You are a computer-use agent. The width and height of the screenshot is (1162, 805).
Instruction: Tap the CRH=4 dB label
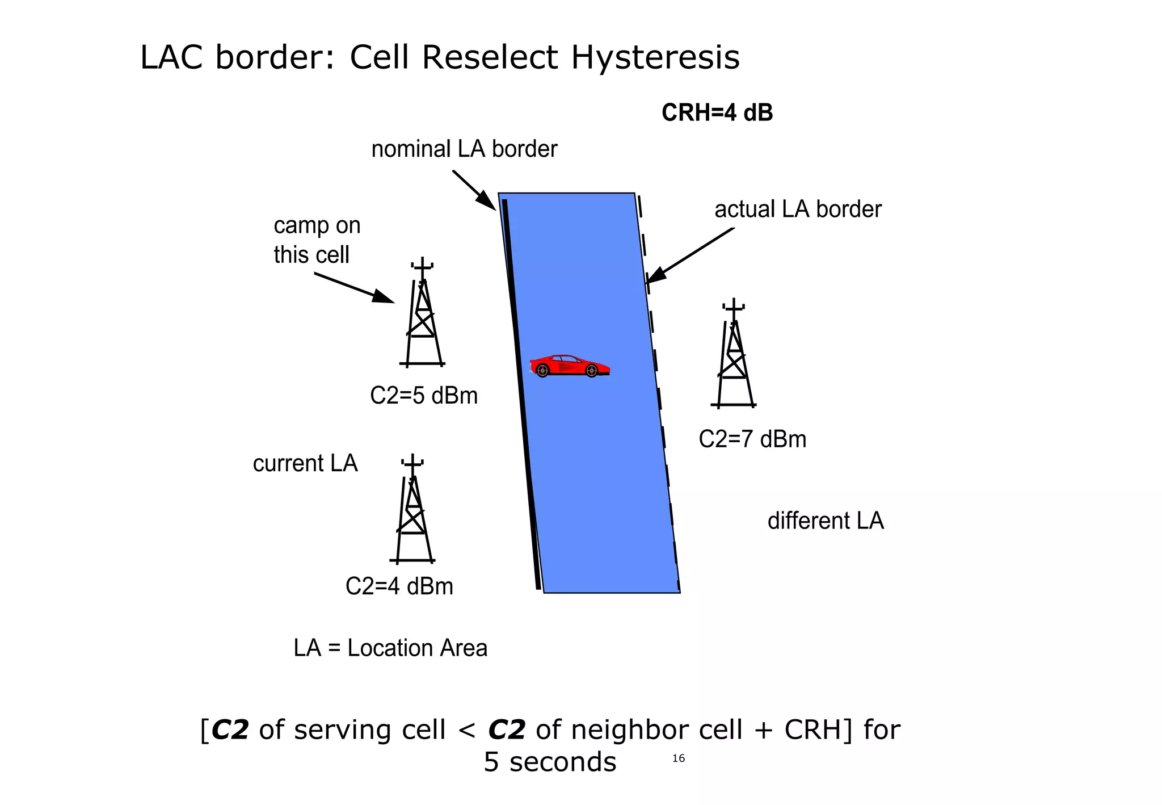click(x=717, y=113)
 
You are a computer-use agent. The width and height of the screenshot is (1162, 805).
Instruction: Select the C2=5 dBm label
click(x=424, y=396)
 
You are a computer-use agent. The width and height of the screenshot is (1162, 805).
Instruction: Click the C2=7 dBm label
click(x=752, y=439)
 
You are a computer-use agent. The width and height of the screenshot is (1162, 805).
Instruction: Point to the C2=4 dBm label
click(x=399, y=586)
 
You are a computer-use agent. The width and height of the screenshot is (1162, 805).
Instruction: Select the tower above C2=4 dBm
click(x=413, y=511)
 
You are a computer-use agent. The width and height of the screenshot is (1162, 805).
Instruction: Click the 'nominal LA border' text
click(x=464, y=149)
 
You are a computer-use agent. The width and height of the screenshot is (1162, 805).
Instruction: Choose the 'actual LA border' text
click(x=798, y=209)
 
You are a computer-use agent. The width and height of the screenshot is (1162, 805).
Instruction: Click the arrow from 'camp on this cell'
click(x=355, y=288)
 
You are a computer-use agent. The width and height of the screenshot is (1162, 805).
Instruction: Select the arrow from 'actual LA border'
click(x=690, y=255)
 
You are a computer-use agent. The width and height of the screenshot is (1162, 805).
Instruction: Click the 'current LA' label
click(x=305, y=464)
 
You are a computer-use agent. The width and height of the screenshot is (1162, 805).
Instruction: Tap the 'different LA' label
click(x=826, y=521)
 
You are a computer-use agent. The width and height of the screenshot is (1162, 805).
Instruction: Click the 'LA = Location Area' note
click(x=390, y=648)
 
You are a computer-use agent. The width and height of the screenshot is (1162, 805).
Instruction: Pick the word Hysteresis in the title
click(x=655, y=57)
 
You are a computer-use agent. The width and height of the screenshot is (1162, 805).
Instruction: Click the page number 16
click(x=679, y=758)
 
